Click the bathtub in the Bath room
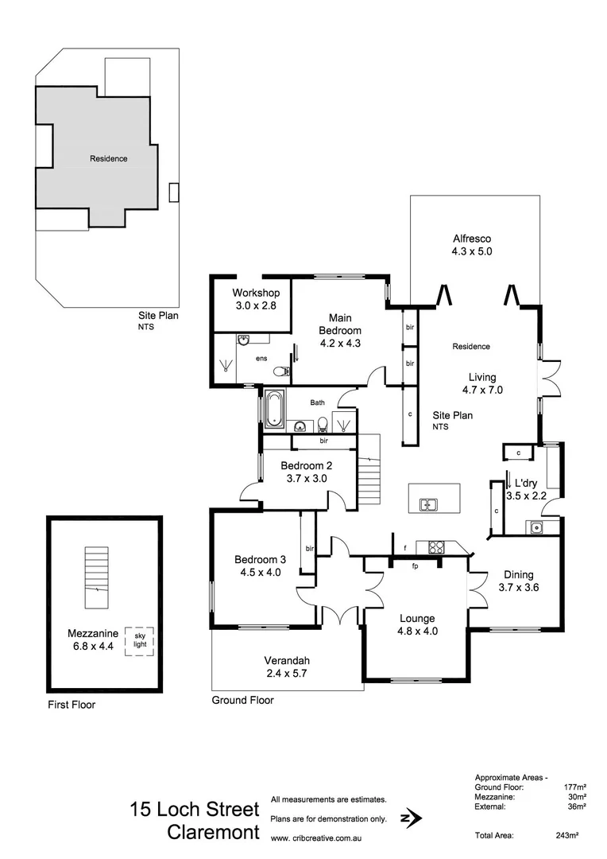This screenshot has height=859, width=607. tap(273, 409)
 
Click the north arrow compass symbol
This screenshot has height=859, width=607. tap(412, 818)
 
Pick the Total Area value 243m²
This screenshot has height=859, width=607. tap(566, 835)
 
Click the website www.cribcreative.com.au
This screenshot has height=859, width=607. tap(317, 838)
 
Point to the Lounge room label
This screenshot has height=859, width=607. tap(417, 618)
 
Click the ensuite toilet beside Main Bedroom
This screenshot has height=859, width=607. tap(280, 371)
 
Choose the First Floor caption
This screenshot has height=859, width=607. tap(71, 705)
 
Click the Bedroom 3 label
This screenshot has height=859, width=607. tap(257, 565)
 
